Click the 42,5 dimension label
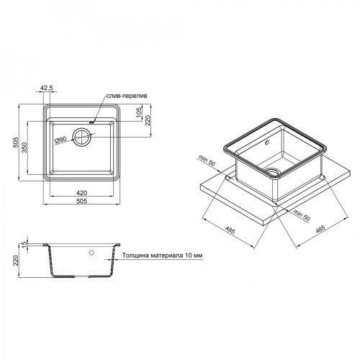(48, 89)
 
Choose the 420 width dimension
(81, 193)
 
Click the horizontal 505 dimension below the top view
(81, 202)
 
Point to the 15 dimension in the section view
(24, 246)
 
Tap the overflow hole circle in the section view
(92, 253)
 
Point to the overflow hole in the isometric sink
(268, 142)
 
